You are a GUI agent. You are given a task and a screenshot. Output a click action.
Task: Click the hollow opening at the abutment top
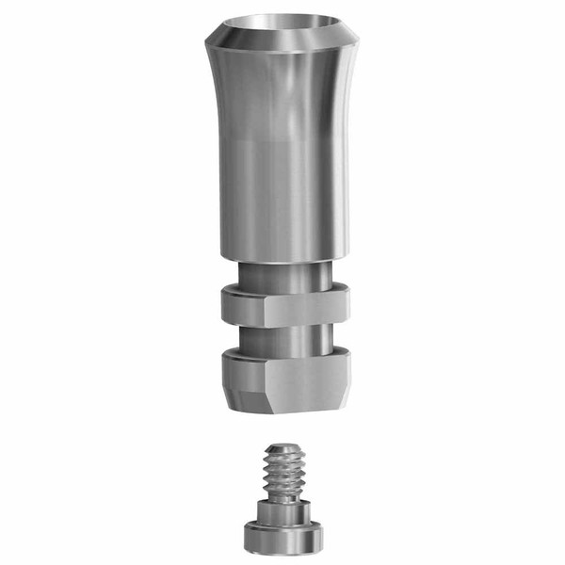click(x=282, y=24)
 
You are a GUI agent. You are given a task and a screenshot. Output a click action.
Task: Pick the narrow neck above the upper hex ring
click(x=282, y=275)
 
